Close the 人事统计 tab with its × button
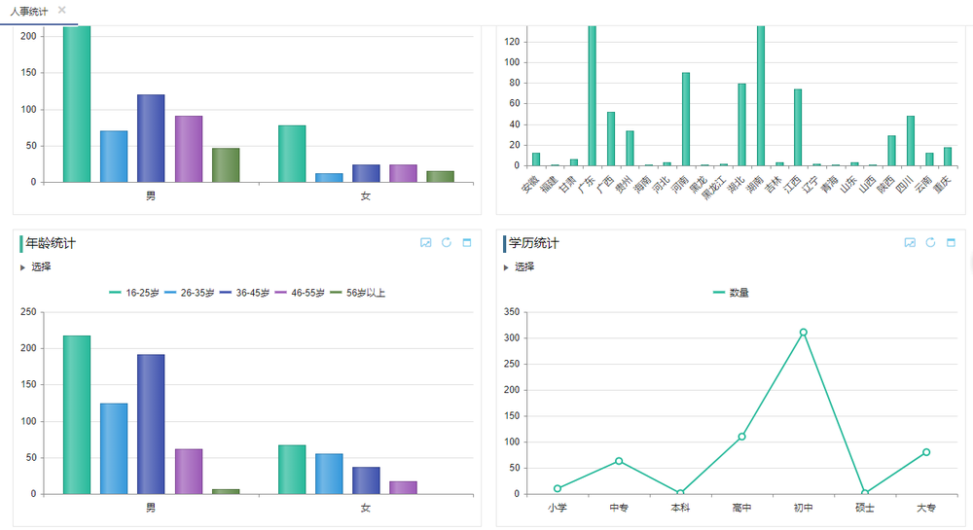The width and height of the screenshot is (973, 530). click(x=62, y=10)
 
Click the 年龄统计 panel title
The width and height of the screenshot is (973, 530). click(x=51, y=243)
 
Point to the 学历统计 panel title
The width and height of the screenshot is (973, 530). click(x=534, y=243)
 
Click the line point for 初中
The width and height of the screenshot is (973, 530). click(x=803, y=333)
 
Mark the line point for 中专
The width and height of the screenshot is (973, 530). click(x=619, y=461)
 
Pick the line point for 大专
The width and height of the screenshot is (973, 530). click(x=926, y=452)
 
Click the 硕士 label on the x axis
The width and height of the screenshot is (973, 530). click(x=865, y=508)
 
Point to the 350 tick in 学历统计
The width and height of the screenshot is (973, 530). click(x=512, y=312)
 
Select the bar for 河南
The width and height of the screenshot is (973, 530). click(x=686, y=120)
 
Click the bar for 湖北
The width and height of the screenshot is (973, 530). click(x=741, y=124)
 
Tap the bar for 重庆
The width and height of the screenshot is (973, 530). click(x=948, y=157)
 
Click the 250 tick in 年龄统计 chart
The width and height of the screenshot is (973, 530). click(x=27, y=312)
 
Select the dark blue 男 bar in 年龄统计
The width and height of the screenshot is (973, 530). click(x=151, y=424)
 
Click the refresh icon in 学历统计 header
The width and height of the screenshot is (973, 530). click(x=930, y=242)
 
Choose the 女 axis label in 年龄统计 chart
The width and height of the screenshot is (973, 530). click(x=366, y=508)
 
